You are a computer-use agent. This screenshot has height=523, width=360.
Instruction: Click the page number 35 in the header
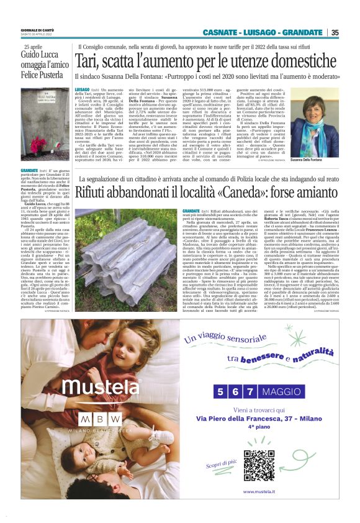point(335,32)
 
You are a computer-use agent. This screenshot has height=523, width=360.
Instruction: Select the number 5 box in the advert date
point(220,392)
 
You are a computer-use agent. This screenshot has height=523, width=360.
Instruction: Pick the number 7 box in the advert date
point(248,392)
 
